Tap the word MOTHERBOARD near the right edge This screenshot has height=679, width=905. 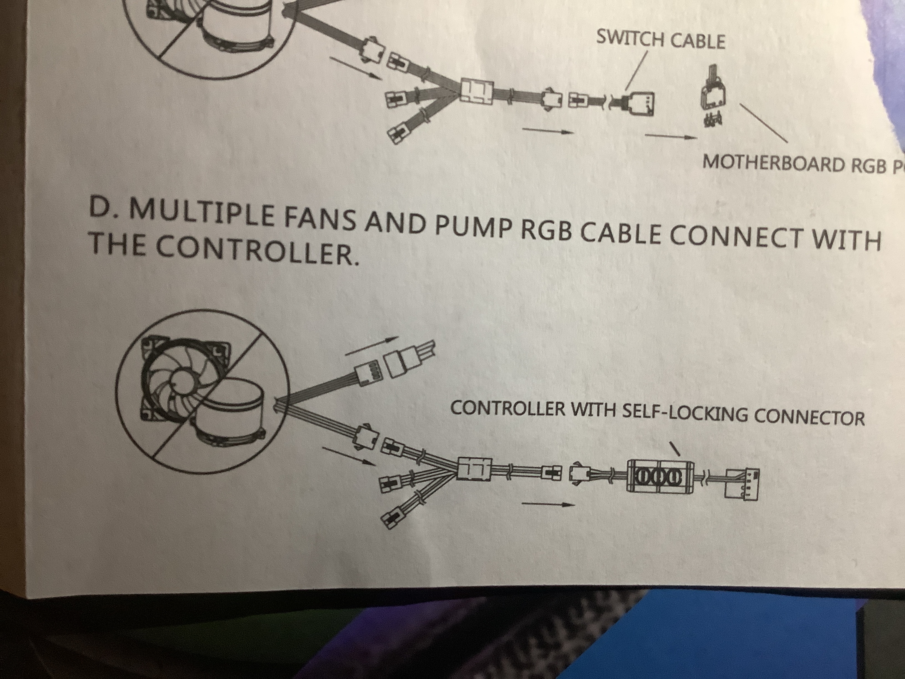coord(773,164)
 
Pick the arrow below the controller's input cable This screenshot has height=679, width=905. coord(548,504)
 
